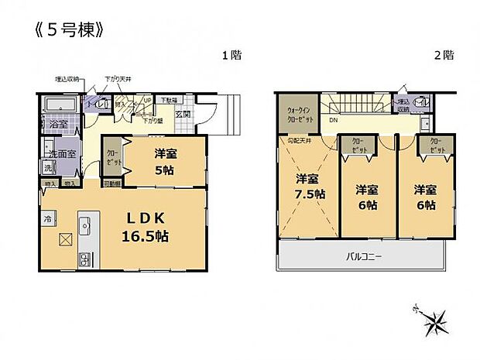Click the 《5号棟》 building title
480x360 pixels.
point(69,30)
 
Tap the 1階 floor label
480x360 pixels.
point(230,55)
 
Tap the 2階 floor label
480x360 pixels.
point(443,55)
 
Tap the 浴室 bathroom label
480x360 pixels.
point(57,123)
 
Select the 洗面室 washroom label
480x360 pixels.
point(62,154)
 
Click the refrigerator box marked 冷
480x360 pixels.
point(48,220)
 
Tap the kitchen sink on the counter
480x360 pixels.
point(84,225)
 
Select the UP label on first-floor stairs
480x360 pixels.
point(147,101)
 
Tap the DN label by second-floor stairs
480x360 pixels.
point(333,121)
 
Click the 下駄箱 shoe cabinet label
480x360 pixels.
point(169,101)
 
